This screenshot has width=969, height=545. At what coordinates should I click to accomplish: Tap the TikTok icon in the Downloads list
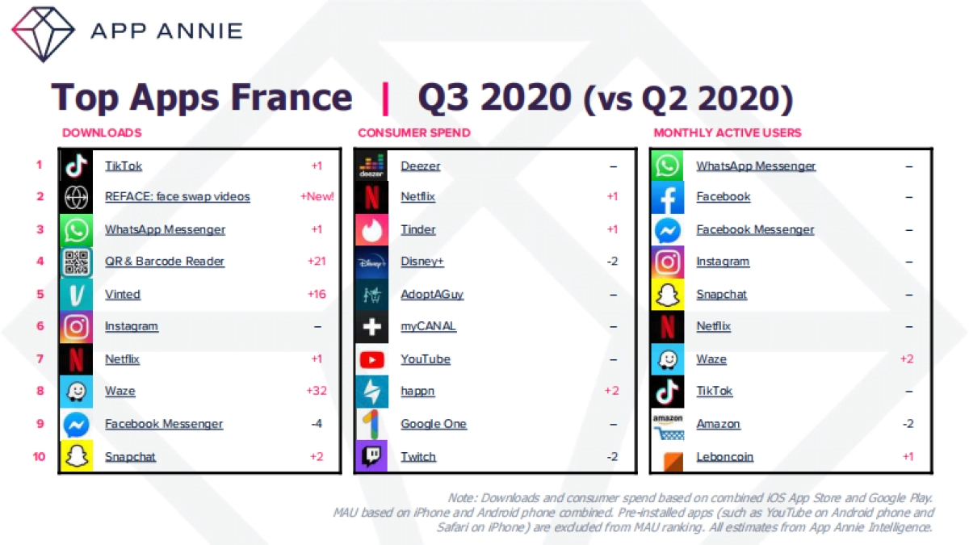point(76,166)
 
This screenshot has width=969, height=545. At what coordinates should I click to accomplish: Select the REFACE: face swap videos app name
point(177,197)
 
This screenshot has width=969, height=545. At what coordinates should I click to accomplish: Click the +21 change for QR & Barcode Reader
point(317,262)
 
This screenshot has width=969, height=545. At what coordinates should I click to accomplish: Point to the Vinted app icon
point(76,294)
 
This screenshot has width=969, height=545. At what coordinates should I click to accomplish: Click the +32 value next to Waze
point(317,392)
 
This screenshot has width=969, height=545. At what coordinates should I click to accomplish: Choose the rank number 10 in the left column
point(39,456)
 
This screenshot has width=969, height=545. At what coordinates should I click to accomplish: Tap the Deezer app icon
point(371,166)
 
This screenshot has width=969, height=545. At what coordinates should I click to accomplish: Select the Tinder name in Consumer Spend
point(417,229)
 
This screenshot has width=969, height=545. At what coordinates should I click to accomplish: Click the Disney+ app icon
point(371,262)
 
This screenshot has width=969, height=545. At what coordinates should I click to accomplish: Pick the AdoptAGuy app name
point(432,295)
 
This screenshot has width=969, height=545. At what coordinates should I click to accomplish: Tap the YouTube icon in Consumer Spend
point(371,359)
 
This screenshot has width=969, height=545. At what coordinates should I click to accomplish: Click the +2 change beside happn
point(612,392)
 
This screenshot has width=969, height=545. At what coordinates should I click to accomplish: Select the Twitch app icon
point(371,456)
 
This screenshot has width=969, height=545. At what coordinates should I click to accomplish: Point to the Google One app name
point(434,424)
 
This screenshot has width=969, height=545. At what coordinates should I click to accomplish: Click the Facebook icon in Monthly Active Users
point(668,197)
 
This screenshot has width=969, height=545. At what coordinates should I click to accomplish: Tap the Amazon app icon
point(668,424)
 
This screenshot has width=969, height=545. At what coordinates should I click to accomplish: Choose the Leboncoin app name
point(724,457)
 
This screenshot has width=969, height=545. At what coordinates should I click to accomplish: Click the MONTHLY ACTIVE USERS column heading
point(727,132)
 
